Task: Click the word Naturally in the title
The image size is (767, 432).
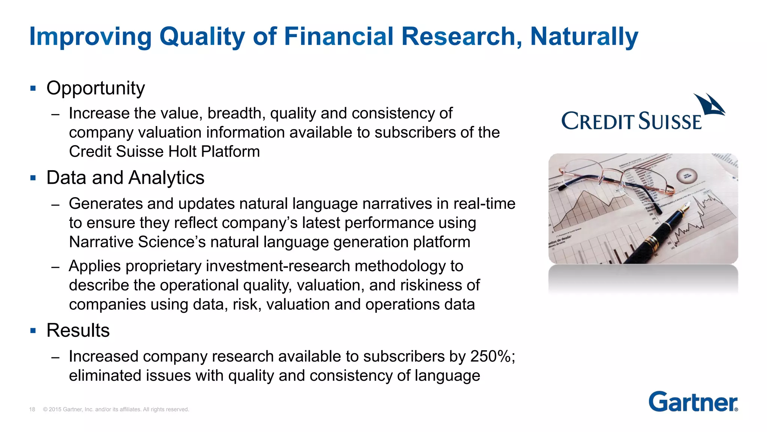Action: click(584, 37)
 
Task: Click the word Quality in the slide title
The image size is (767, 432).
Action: click(202, 37)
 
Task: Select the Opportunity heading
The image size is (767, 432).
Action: click(96, 88)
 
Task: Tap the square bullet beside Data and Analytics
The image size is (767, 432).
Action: click(33, 178)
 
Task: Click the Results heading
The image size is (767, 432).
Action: click(78, 331)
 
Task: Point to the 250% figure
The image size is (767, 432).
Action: click(490, 356)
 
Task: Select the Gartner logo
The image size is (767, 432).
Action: click(693, 402)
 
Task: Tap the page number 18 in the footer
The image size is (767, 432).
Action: click(32, 409)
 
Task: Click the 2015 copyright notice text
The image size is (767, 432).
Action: click(116, 409)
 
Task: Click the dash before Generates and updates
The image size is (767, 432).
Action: click(55, 205)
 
